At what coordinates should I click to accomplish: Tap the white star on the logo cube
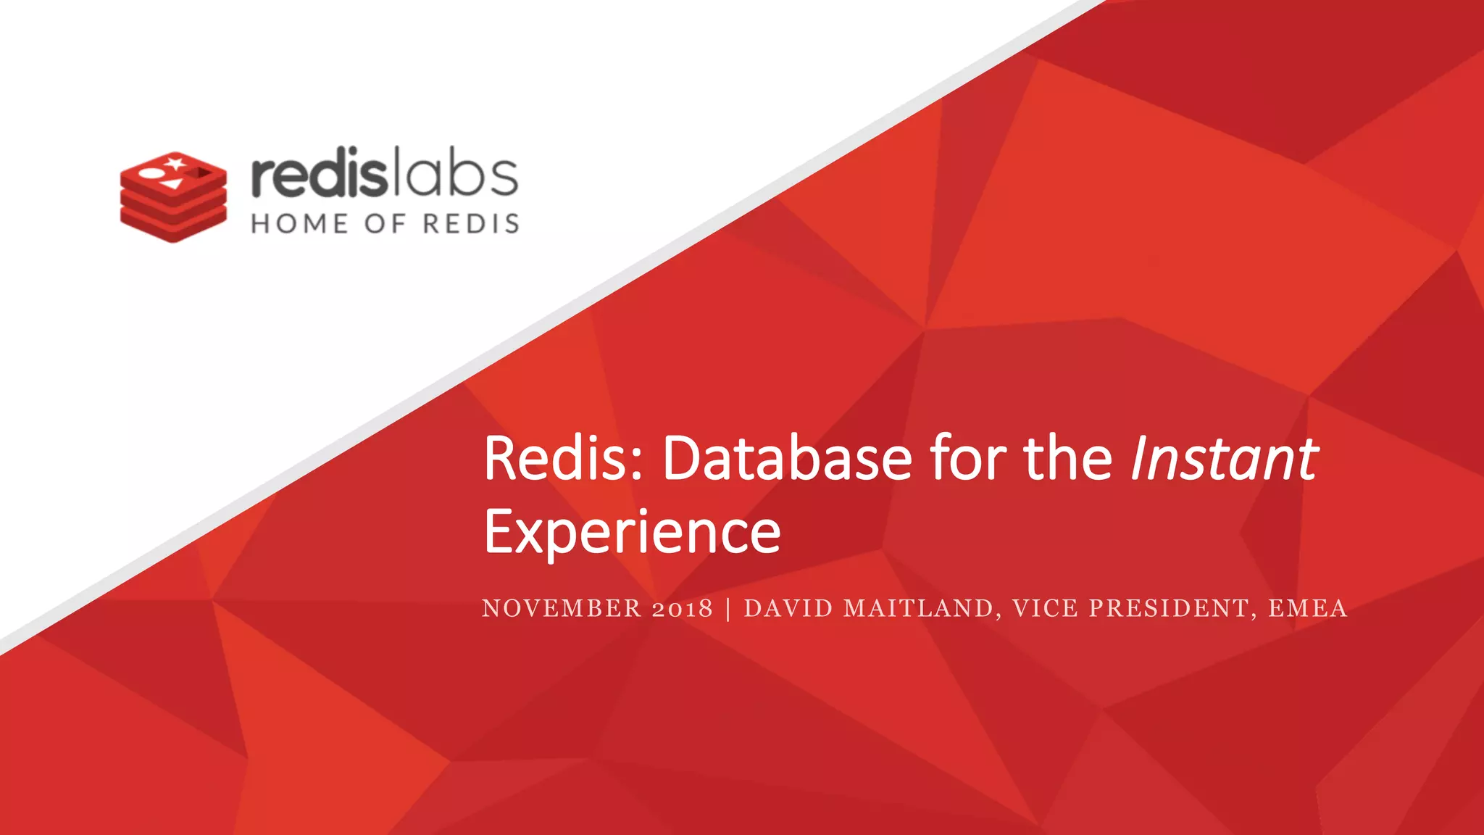click(175, 162)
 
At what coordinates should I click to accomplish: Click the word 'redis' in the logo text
click(316, 175)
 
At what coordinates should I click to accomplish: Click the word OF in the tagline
click(385, 224)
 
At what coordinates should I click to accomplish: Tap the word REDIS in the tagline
click(471, 224)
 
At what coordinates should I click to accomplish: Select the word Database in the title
click(787, 459)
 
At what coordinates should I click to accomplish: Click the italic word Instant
click(1224, 459)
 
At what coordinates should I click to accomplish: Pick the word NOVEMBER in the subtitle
click(562, 608)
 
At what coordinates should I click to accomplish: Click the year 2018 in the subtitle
click(682, 608)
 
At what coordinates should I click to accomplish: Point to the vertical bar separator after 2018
click(728, 608)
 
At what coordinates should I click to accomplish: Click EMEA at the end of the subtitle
click(1307, 608)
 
